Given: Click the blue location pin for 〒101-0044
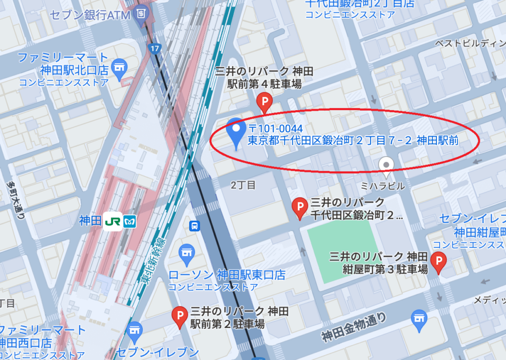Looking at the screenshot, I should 236,130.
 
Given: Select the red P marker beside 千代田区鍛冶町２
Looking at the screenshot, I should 299,208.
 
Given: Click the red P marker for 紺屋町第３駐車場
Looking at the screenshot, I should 438,261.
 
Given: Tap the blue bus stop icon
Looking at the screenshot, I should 195,226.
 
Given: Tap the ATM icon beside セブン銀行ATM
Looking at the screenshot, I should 141,14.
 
